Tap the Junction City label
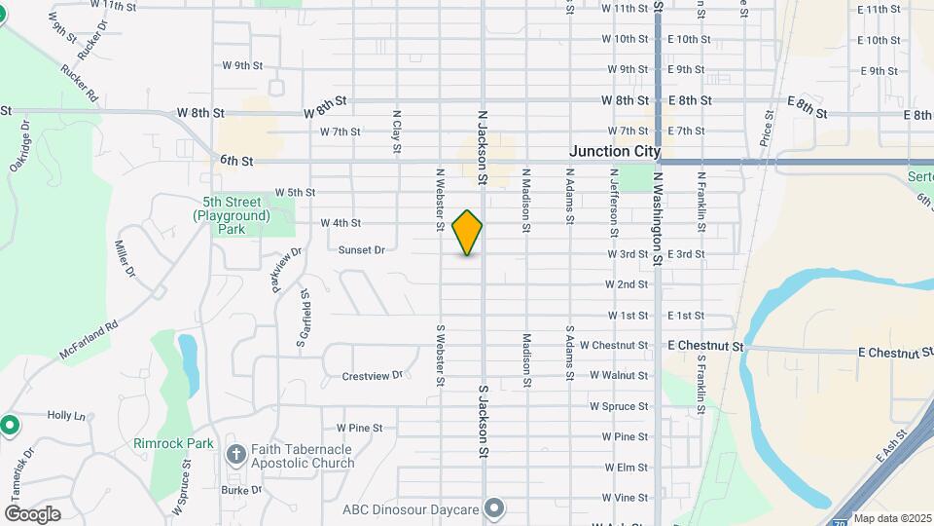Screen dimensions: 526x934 tap(614, 152)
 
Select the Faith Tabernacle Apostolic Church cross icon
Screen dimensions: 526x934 tap(235, 455)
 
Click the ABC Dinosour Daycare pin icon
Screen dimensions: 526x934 tap(495, 508)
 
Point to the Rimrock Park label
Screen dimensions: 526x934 tap(173, 444)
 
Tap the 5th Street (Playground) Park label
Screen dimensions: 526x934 tap(231, 215)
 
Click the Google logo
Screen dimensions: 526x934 tap(32, 514)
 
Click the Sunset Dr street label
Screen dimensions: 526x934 tap(361, 250)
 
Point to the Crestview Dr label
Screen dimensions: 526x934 tap(372, 376)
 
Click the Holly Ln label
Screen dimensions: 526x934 tap(67, 416)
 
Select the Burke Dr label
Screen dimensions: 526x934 tap(241, 491)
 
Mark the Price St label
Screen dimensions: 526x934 tap(768, 128)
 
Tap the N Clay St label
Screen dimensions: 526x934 tap(397, 128)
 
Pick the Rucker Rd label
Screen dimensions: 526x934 tap(80, 85)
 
